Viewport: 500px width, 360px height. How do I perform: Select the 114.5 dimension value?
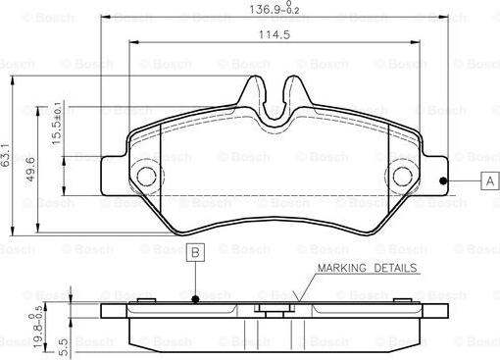click(275, 34)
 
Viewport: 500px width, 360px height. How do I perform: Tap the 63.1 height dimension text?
click(6, 155)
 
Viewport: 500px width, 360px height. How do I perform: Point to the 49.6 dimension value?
click(30, 170)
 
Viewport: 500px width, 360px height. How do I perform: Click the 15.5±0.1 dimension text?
click(56, 124)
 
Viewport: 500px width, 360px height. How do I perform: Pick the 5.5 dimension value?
click(64, 347)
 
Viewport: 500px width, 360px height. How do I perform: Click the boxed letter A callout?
click(490, 180)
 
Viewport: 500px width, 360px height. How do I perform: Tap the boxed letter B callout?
click(195, 252)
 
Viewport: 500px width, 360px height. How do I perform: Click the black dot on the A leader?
click(443, 180)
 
